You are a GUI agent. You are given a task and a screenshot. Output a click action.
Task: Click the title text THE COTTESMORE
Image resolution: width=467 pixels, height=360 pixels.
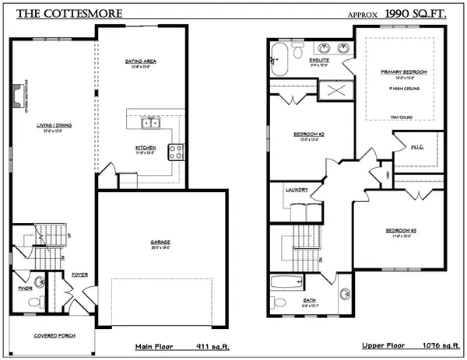point(54,14)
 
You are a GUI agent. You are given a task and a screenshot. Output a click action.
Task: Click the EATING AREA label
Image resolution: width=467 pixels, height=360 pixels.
point(142,61)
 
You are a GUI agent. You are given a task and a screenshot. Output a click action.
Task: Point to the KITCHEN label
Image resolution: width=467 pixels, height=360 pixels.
point(146,148)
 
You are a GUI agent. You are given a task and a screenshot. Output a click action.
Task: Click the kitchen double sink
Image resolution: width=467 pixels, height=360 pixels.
point(149,122)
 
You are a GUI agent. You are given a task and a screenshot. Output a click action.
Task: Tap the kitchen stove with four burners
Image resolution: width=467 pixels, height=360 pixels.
point(176,152)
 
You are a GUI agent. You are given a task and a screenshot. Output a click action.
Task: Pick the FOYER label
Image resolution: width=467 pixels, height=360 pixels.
point(80,274)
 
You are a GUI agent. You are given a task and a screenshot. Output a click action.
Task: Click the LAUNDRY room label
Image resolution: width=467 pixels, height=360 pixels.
point(297,190)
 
